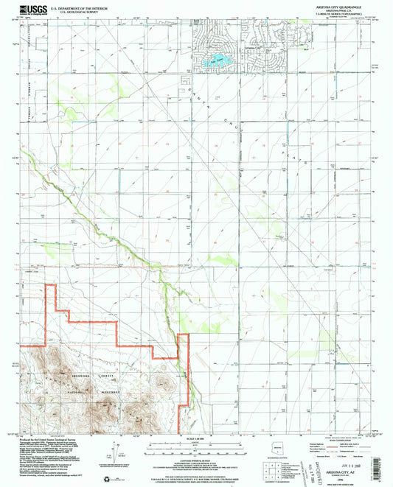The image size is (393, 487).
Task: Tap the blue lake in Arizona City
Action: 219,58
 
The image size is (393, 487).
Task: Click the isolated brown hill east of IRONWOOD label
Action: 161,382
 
